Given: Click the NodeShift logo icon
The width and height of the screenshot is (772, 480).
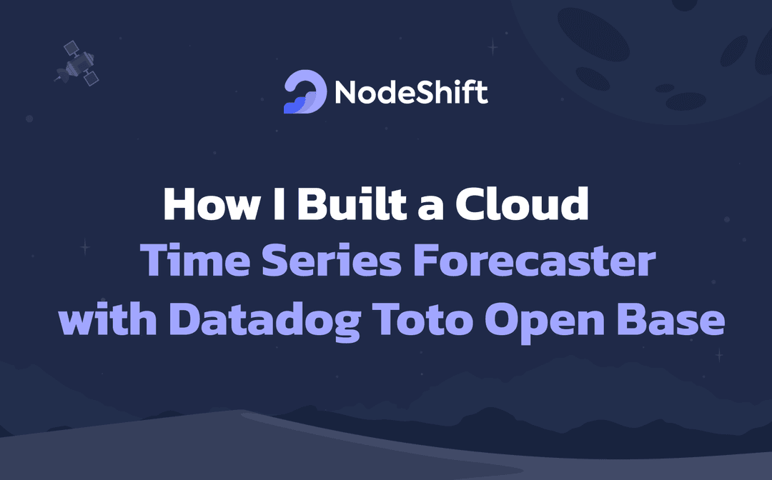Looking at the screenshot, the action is tap(305, 92).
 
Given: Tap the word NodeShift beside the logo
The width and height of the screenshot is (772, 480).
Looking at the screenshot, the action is tap(411, 91).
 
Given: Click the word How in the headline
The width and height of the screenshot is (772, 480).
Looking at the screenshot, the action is tap(212, 204).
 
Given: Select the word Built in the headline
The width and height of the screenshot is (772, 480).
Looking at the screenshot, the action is tap(352, 203).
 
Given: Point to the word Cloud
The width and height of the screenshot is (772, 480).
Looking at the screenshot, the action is tap(522, 203).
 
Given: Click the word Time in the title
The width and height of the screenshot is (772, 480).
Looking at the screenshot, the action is tap(195, 260).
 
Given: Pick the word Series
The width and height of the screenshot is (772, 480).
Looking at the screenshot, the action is tap(332, 260).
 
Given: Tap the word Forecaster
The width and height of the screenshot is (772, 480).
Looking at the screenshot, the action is tap(535, 260).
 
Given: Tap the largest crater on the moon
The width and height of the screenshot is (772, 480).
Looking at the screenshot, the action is tap(593, 34).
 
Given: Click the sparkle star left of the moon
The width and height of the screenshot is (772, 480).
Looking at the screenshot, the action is tap(493, 47).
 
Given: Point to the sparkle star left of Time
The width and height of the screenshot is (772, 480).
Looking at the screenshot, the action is tap(85, 246).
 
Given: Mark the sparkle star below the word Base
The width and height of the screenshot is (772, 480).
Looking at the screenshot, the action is tap(719, 354).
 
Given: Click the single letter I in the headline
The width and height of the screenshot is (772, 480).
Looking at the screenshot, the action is tap(279, 204).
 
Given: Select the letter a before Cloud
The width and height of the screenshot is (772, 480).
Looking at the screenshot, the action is tap(430, 208).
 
